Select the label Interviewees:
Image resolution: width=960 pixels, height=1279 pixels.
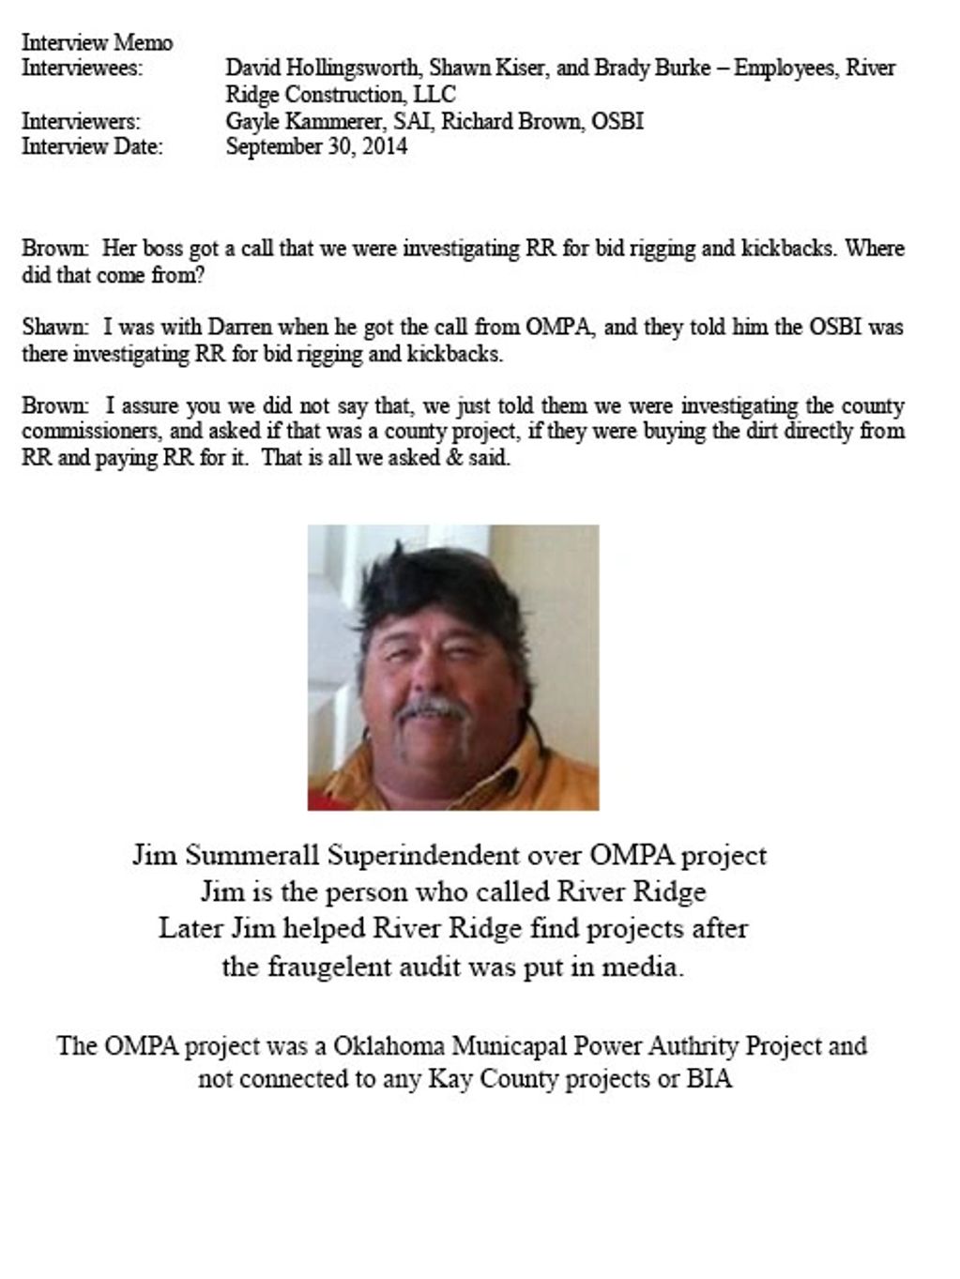click(x=82, y=68)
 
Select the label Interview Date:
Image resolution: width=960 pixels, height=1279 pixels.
click(x=92, y=146)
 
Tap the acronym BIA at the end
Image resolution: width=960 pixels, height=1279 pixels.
click(x=709, y=1079)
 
